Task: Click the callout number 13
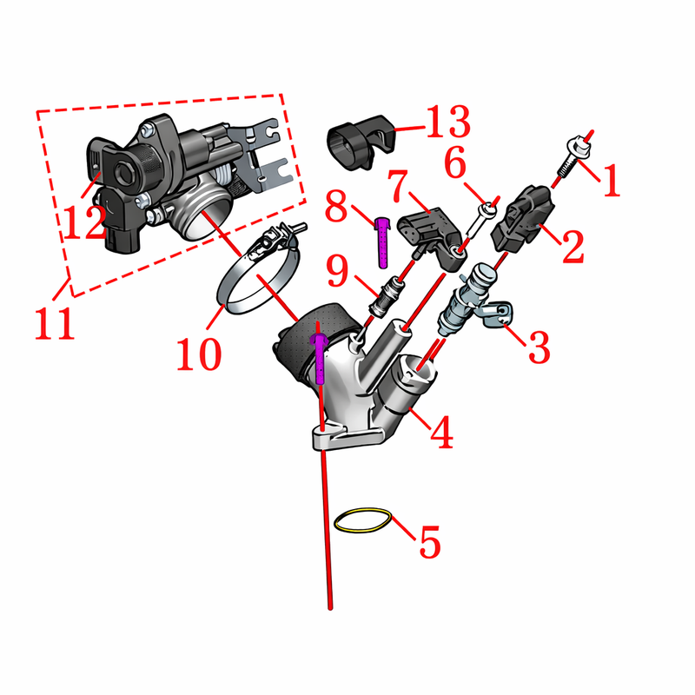(x=447, y=122)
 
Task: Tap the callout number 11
(x=55, y=323)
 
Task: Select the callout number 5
(x=429, y=541)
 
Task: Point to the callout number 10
(x=199, y=354)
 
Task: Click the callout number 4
(x=442, y=432)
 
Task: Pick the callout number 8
(x=336, y=206)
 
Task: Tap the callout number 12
(x=84, y=223)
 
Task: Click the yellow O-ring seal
(x=363, y=520)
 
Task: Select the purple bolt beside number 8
(x=382, y=242)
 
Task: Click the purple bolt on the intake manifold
(x=319, y=359)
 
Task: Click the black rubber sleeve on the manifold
(x=310, y=341)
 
